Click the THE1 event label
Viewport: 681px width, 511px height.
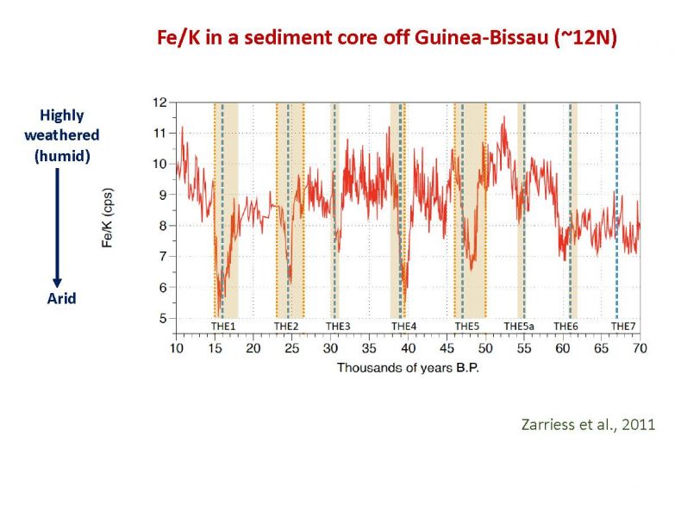tap(223, 326)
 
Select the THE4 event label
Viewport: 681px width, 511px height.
tap(403, 326)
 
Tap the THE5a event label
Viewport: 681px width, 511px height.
tap(519, 326)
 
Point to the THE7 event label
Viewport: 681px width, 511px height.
tap(623, 326)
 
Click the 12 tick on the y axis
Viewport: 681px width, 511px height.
tap(159, 103)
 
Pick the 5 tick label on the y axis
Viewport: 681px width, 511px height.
tap(163, 318)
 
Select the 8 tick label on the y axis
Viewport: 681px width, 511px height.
tap(163, 226)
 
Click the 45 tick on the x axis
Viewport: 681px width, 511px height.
tap(447, 348)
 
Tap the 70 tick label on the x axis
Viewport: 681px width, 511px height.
tap(640, 348)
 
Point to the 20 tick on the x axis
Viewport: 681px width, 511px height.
tap(253, 348)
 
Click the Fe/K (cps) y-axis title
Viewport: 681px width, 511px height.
tap(107, 217)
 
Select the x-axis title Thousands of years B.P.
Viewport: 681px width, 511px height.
tap(408, 368)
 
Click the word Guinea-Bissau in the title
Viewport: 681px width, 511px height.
tap(481, 37)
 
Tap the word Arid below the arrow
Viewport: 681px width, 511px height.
tap(62, 298)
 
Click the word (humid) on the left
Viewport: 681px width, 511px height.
tap(62, 155)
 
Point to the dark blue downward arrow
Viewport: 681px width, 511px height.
tap(58, 228)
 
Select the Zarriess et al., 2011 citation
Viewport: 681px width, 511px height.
tap(588, 424)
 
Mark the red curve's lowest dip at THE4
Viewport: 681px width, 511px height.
tap(404, 304)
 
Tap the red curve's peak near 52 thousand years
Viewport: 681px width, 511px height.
tap(504, 117)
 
